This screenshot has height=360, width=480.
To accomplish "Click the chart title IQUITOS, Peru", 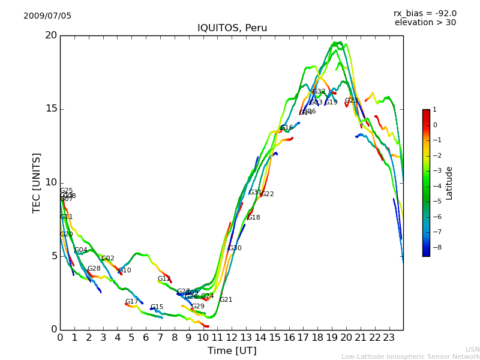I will click(232, 28).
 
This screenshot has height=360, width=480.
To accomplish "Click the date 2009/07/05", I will click(47, 16).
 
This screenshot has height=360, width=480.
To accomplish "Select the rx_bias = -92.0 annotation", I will click(425, 14).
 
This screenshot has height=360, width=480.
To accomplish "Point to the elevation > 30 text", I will click(425, 23).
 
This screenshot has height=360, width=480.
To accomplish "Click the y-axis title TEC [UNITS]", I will click(37, 182).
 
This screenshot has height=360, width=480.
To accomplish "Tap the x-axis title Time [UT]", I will click(232, 351).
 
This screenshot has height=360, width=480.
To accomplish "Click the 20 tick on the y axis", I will click(51, 35).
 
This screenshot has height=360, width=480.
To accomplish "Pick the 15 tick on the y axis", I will click(51, 109).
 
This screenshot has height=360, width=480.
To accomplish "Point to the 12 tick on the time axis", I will click(232, 338).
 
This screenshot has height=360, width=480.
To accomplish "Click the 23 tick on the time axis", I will click(389, 338).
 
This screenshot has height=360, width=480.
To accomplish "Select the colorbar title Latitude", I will click(449, 183).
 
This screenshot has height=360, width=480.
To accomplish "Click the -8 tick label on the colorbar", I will click(435, 247).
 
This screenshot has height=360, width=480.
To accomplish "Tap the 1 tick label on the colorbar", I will click(434, 110).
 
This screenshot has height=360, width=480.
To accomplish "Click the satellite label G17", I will click(131, 302).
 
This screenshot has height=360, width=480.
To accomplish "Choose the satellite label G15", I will click(157, 307).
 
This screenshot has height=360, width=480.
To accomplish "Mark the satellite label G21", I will click(226, 300).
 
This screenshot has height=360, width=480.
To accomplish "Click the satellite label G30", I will click(235, 248).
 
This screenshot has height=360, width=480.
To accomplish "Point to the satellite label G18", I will click(253, 218).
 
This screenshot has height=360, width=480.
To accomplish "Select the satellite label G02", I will click(107, 259).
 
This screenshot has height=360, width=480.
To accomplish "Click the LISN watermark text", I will click(472, 349).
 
